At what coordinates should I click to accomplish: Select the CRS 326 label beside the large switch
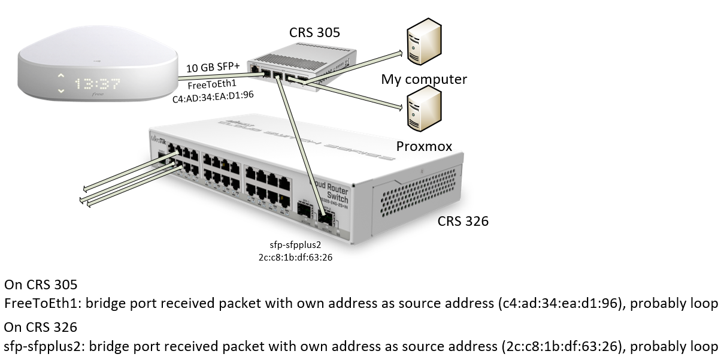pyautogui.click(x=463, y=222)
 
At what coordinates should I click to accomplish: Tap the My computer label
pyautogui.click(x=424, y=79)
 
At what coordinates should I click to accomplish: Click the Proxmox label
pyautogui.click(x=423, y=147)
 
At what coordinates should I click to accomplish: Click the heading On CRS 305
pyautogui.click(x=41, y=284)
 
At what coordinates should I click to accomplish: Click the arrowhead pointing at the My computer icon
pyautogui.click(x=399, y=53)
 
